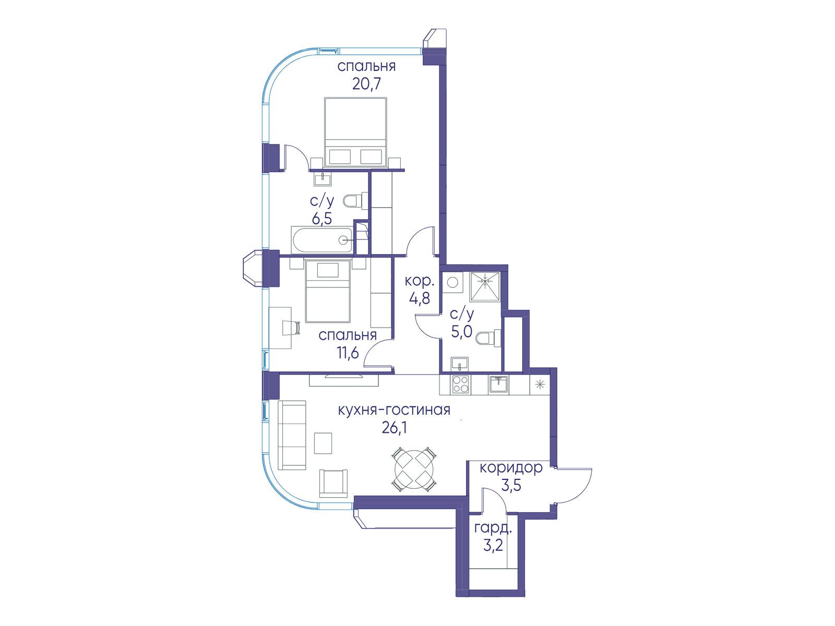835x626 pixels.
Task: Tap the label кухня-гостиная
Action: (x=394, y=410)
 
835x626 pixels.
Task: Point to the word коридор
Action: (x=511, y=468)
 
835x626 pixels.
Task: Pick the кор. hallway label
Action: (x=419, y=282)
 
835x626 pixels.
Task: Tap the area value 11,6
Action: (x=347, y=353)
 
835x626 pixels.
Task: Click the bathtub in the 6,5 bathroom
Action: (x=322, y=240)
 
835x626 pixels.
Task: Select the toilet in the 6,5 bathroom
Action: (x=356, y=201)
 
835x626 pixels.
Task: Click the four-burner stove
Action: (x=461, y=384)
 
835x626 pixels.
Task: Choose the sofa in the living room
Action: (x=292, y=435)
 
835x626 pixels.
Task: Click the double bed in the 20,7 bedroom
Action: (x=355, y=132)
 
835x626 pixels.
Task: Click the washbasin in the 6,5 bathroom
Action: (x=323, y=178)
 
